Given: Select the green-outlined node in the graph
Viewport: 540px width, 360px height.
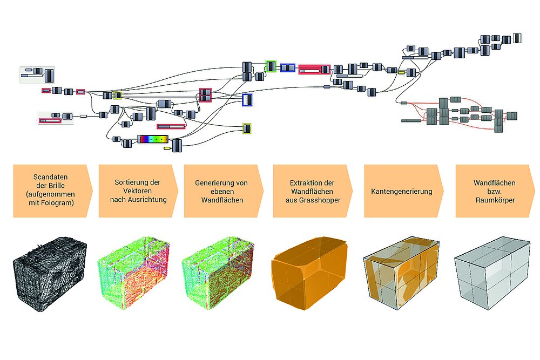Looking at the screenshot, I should (271, 66).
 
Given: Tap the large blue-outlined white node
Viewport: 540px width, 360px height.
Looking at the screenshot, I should (247, 100).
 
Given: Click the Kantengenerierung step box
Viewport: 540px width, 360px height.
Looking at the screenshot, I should (402, 191).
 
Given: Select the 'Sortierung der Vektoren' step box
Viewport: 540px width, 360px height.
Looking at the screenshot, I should (138, 191).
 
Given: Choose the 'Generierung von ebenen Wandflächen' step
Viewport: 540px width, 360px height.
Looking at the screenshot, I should (222, 191).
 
